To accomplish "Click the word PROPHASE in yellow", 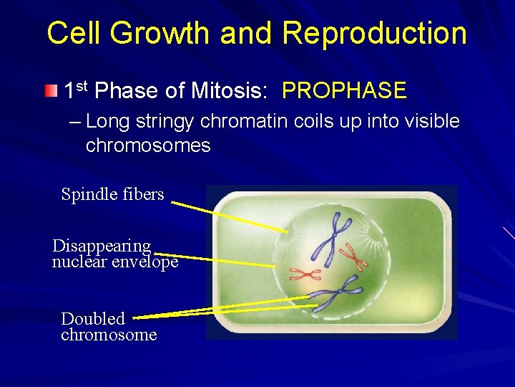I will coord(344,91).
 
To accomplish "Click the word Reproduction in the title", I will coord(374,34).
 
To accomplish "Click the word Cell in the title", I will coord(79,34).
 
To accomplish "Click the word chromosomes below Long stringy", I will coord(148,145).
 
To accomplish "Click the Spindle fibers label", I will coord(112,194).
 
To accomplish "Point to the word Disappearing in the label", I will coord(102,246).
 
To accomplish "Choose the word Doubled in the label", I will coord(93,319).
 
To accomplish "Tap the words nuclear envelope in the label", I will coord(114,262).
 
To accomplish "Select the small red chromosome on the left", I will coord(305,273).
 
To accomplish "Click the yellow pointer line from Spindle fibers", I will coord(229,217).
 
